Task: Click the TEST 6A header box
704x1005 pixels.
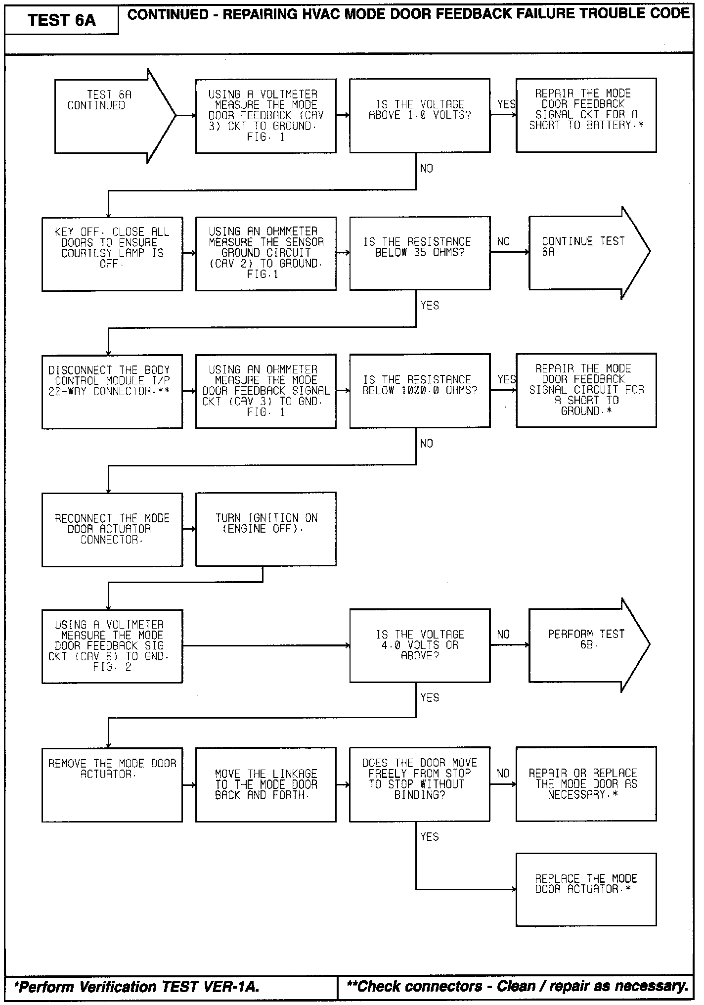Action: point(61,20)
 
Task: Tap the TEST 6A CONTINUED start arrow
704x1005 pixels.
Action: point(109,116)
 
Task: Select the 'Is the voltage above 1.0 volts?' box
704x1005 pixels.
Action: point(420,115)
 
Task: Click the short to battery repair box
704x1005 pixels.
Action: point(586,115)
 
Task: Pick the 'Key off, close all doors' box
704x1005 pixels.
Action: point(112,254)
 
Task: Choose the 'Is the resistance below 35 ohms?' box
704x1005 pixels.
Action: point(420,253)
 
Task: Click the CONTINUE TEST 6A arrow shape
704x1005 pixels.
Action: point(583,252)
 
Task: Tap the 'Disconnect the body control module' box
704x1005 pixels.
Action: point(112,391)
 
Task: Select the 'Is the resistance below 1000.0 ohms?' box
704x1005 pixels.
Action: point(420,391)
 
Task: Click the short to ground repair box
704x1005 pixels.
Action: point(586,390)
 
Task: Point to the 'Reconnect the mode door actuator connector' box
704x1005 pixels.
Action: point(112,529)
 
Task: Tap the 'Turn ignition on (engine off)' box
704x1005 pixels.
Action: point(266,529)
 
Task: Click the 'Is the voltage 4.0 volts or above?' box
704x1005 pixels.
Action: point(420,645)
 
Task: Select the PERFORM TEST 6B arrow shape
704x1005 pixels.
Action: point(583,645)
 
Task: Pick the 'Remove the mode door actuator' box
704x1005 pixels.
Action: point(112,784)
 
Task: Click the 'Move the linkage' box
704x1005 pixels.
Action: point(266,784)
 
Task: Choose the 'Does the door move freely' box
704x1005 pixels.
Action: point(420,784)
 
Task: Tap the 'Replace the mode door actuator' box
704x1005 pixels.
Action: point(586,889)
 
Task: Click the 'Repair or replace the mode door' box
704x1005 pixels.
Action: point(586,784)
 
